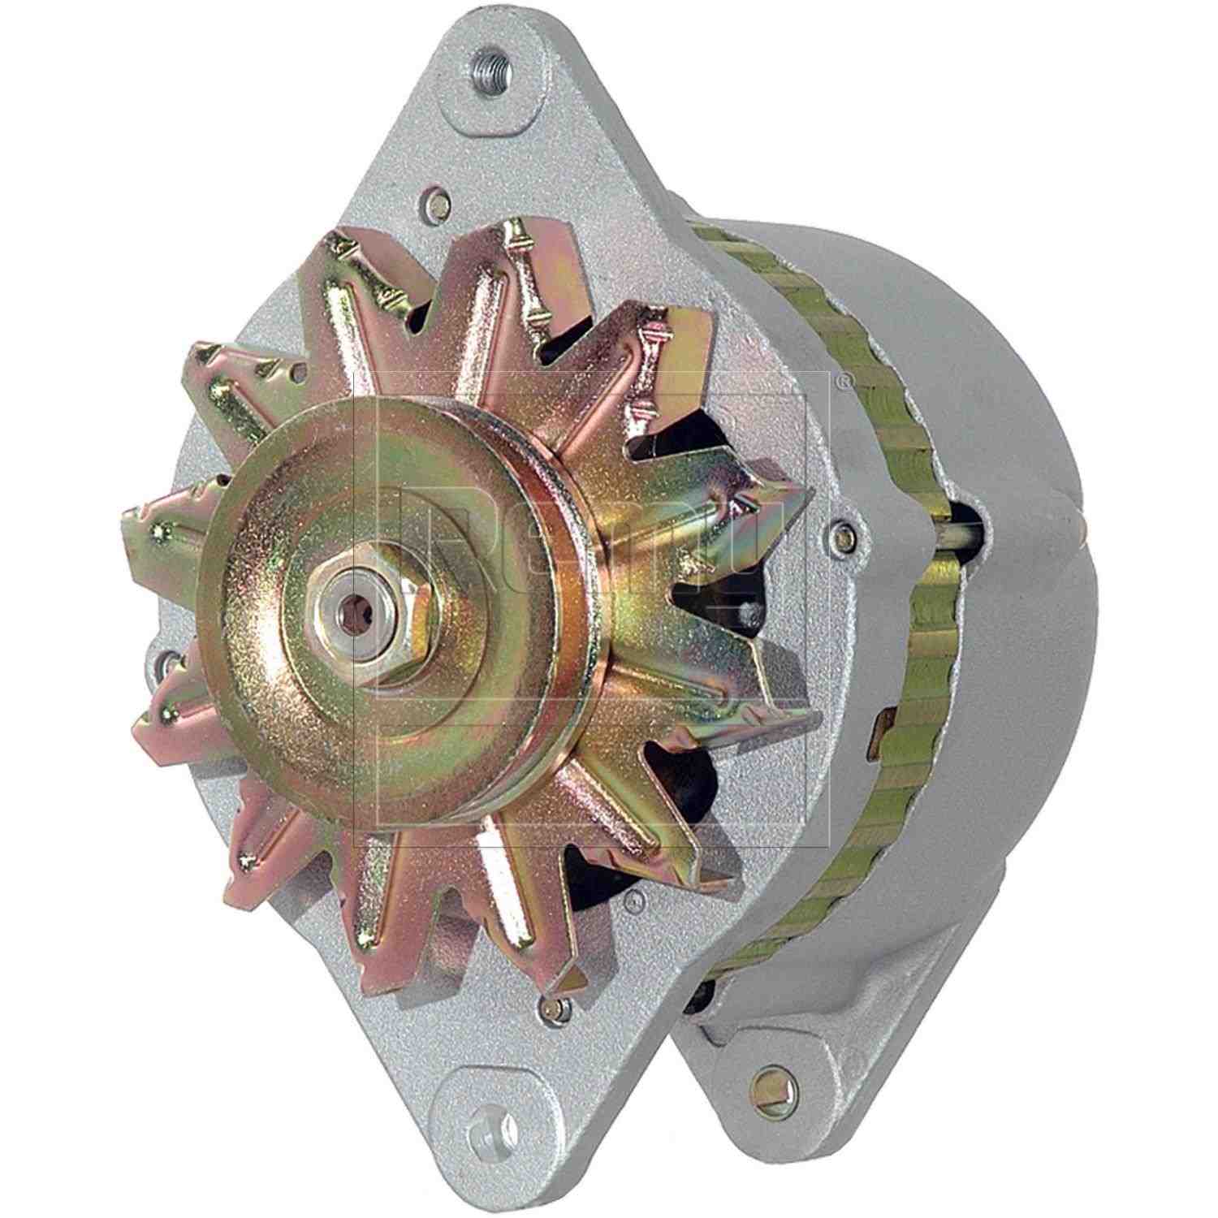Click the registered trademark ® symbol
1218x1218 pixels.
tap(848, 377)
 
